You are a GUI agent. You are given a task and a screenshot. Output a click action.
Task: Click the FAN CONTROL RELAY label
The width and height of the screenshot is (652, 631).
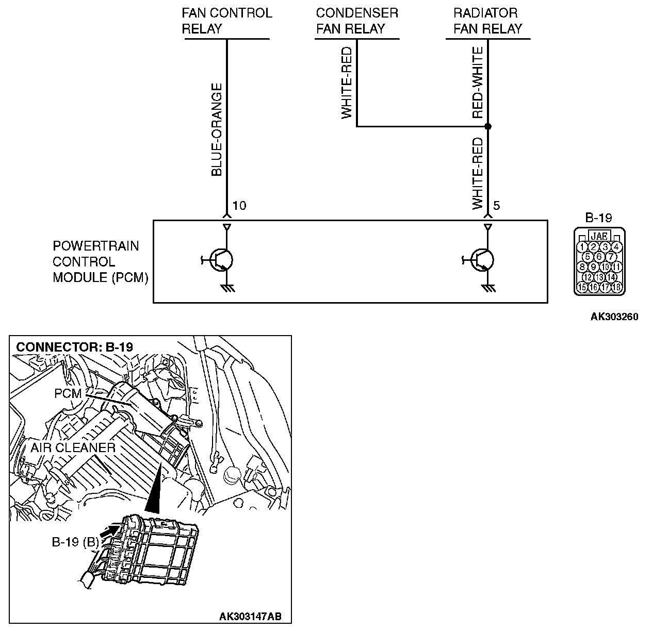point(226,21)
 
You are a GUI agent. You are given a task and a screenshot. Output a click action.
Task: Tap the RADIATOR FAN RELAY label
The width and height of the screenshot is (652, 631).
point(488,21)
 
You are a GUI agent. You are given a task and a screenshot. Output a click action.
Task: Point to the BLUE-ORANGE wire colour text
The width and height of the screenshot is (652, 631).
point(217,130)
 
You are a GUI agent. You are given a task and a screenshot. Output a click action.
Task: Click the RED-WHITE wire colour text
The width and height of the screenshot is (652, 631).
point(478,82)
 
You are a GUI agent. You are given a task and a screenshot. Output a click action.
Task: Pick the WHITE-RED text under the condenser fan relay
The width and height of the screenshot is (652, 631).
point(347,82)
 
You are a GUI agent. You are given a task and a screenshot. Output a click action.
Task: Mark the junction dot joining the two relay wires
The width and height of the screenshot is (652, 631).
point(488,126)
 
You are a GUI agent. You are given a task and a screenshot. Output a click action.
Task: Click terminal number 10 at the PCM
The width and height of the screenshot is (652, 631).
point(239,206)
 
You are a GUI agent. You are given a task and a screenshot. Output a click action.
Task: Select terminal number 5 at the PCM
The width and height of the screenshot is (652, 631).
point(496,206)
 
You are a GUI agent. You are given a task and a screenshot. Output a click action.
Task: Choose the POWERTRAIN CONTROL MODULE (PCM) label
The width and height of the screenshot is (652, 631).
point(101,262)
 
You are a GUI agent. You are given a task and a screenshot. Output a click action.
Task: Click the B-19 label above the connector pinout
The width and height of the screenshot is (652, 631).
point(599,218)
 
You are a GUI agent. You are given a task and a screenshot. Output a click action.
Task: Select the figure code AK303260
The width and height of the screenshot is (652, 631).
point(614,317)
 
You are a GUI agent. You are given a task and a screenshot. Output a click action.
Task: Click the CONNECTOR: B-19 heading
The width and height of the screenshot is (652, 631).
point(75,346)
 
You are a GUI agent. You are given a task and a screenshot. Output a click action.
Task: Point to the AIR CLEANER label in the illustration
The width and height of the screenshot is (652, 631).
point(73,447)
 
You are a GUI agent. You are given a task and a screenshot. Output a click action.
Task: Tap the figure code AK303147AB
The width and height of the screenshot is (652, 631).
point(251,617)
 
